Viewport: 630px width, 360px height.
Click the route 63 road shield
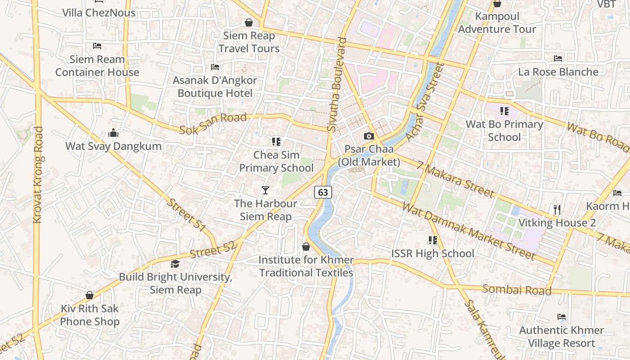tap(323, 192)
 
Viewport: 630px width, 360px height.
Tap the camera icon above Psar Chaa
tap(369, 136)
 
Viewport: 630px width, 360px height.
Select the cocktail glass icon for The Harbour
tap(265, 190)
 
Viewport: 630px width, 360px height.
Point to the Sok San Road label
tap(213, 124)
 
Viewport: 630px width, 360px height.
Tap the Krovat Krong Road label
tap(38, 175)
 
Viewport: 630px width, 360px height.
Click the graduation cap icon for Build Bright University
tap(175, 264)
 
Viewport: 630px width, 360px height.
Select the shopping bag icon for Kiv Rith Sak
tap(90, 295)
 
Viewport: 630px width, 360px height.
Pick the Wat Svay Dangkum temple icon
tap(113, 133)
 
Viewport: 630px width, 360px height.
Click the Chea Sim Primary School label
tap(276, 161)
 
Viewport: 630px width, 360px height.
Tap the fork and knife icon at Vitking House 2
tap(557, 210)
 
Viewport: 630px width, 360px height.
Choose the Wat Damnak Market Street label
tap(468, 231)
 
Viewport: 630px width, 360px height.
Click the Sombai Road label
tap(517, 289)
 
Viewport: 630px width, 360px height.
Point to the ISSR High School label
tap(432, 253)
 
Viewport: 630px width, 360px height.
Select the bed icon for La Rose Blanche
tap(558, 58)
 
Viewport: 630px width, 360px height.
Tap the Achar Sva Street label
tap(424, 102)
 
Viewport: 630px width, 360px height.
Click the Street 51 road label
tap(186, 216)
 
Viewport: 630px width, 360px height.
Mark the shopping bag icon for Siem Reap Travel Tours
tap(249, 22)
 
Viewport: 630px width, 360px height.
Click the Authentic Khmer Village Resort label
tap(561, 337)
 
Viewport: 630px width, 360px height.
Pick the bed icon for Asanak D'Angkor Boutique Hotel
tap(215, 67)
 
